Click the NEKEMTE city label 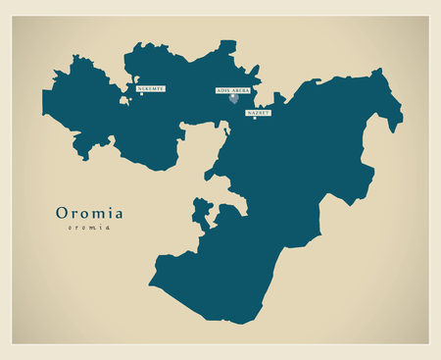[x=151, y=89]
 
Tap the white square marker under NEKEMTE [x=141, y=95]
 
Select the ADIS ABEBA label [x=234, y=90]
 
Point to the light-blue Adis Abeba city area [x=233, y=98]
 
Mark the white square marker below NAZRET [x=255, y=119]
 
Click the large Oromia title [x=89, y=213]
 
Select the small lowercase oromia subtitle [x=89, y=228]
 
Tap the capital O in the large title [x=63, y=213]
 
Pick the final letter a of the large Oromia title [x=118, y=214]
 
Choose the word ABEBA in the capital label [x=241, y=90]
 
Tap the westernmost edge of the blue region [x=42, y=96]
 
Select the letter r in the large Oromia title [x=74, y=214]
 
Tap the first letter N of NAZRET [x=249, y=113]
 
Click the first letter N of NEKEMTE [x=139, y=89]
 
